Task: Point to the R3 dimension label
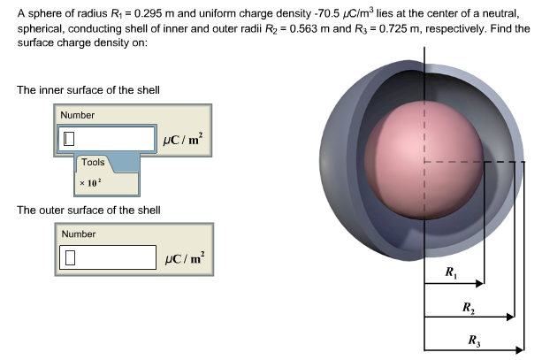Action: pos(474,340)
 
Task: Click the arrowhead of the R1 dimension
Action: pos(481,284)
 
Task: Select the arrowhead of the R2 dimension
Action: pos(510,316)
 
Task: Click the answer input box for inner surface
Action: pos(107,139)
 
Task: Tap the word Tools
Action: pos(93,163)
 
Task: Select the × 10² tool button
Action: pos(90,182)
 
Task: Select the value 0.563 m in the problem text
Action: pos(305,28)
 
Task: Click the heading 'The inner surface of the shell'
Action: pos(88,90)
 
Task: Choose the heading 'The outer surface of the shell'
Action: pos(88,211)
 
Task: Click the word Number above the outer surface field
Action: pos(78,234)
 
